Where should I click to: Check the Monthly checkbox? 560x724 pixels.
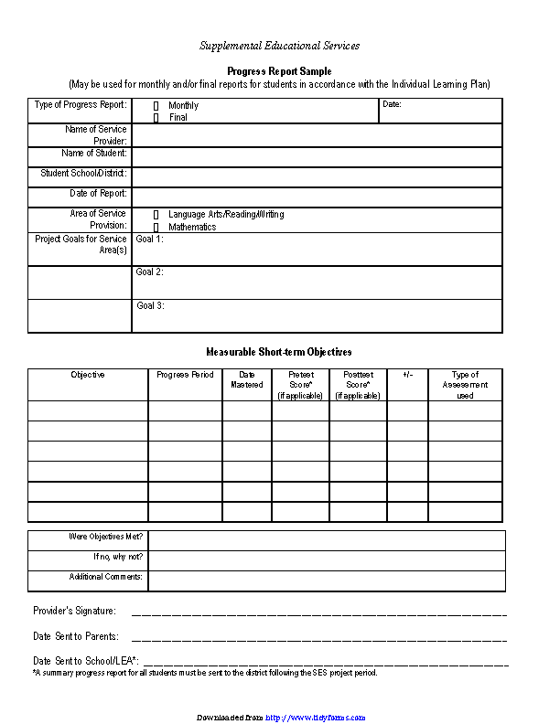[x=156, y=106]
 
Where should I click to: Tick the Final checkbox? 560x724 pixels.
[x=156, y=118]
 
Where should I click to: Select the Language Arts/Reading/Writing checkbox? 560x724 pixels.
[x=156, y=215]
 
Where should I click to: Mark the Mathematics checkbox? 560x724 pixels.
[x=156, y=227]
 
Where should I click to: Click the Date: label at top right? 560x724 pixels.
[x=392, y=105]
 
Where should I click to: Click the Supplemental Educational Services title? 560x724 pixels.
[x=280, y=46]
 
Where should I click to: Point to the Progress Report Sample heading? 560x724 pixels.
[x=279, y=71]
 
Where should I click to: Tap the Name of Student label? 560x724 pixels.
[x=95, y=153]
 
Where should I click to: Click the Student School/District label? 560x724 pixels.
[x=83, y=173]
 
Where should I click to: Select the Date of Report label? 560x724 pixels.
[x=98, y=194]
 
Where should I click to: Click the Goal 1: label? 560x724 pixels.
[x=149, y=239]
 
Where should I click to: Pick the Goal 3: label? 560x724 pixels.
[x=150, y=306]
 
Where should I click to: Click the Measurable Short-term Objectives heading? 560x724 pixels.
[x=279, y=352]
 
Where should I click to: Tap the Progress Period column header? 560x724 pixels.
[x=185, y=375]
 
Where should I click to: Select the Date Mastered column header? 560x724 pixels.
[x=247, y=379]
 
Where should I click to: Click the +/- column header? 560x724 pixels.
[x=407, y=375]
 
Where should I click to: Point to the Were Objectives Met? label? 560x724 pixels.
[x=106, y=537]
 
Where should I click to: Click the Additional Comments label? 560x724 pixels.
[x=105, y=577]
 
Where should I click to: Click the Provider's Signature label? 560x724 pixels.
[x=74, y=611]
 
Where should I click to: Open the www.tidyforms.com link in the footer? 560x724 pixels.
[x=316, y=718]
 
